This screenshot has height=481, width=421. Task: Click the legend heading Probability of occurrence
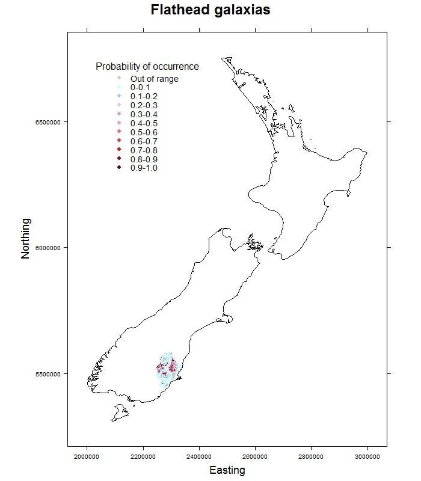(x=147, y=66)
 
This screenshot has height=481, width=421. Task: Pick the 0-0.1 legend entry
(x=140, y=87)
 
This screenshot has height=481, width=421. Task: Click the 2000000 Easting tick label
(x=87, y=456)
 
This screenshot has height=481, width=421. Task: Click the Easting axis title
(x=227, y=471)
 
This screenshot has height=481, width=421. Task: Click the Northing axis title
(x=25, y=239)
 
